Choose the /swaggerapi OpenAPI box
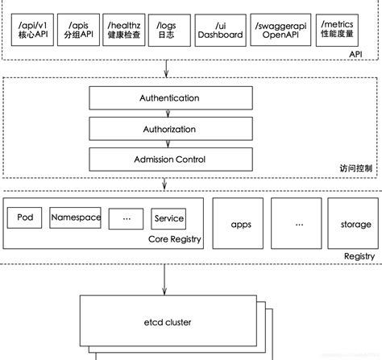[x=276, y=31]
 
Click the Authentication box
[x=158, y=98]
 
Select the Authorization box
[x=158, y=129]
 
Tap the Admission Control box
[x=158, y=159]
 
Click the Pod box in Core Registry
[x=24, y=217]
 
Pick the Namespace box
[x=75, y=217]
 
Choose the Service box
[x=168, y=218]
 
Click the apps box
[x=240, y=225]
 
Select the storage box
[x=354, y=225]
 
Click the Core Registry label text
[x=175, y=239]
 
